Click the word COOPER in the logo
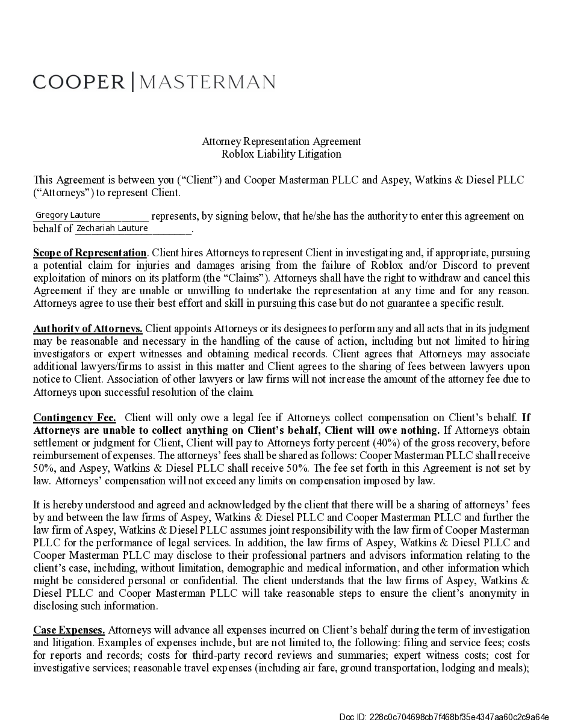point(78,82)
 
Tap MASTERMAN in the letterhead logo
point(208,82)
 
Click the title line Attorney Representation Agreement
point(281,141)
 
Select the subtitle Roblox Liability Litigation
point(281,154)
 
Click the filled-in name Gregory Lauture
point(68,215)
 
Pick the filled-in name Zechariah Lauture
point(112,228)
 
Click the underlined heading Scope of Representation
point(90,253)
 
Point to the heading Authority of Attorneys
point(88,329)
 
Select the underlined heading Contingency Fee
point(75,418)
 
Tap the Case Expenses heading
point(69,630)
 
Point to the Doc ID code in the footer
point(444,717)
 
